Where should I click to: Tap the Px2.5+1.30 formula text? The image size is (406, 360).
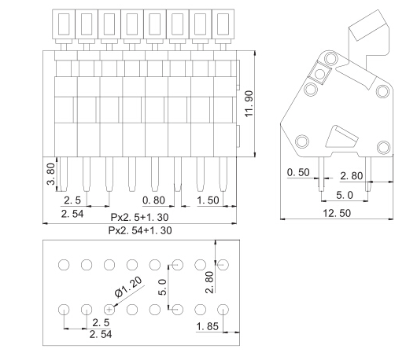(140, 216)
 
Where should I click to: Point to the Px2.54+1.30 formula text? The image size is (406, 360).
(140, 230)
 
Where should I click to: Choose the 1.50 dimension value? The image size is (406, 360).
(209, 200)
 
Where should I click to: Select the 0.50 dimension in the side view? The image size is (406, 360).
(299, 172)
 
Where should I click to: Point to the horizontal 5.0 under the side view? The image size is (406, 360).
(345, 195)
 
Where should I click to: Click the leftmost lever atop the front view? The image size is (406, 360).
(64, 24)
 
